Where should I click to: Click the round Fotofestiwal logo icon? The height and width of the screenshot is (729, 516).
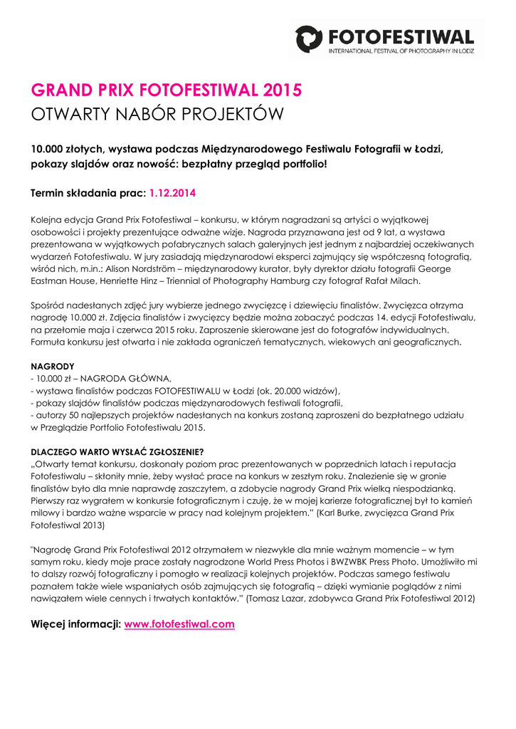(x=309, y=38)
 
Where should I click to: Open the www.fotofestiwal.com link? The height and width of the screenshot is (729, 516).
(x=179, y=624)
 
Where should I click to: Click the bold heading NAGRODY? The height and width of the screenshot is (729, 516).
(x=53, y=366)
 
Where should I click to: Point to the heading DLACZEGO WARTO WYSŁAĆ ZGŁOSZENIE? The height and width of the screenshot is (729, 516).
(x=117, y=451)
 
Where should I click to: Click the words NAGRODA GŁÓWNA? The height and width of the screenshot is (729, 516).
(x=124, y=379)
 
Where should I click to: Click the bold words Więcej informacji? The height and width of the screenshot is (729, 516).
(x=75, y=624)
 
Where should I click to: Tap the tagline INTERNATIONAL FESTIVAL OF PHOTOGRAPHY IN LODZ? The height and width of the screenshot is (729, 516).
(x=400, y=51)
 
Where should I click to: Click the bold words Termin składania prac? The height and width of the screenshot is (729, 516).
(x=88, y=193)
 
